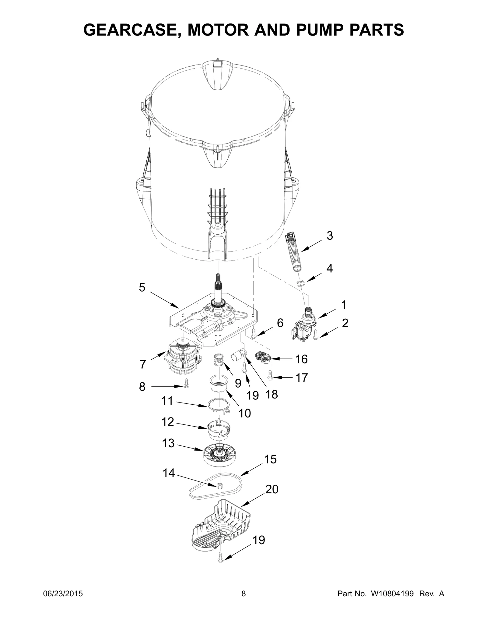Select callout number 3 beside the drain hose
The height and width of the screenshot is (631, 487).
(330, 236)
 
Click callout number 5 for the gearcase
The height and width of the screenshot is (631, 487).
(142, 287)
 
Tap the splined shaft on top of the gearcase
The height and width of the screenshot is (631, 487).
(218, 286)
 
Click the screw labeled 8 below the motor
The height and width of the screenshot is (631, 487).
(187, 385)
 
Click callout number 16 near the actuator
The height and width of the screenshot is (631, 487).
(301, 359)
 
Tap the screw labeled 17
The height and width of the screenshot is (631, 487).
(270, 377)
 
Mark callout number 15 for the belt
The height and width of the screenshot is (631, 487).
(270, 459)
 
